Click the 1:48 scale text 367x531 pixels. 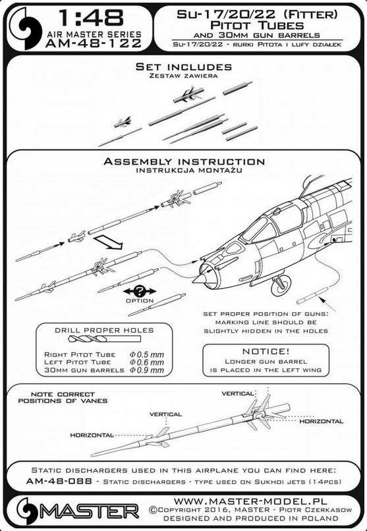tap(91, 18)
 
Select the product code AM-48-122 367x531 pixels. tap(94, 43)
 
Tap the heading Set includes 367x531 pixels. tap(183, 67)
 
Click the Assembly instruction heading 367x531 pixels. tap(184, 161)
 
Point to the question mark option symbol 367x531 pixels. tap(140, 291)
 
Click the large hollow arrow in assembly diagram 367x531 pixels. tap(107, 242)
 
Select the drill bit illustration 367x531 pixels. tap(104, 339)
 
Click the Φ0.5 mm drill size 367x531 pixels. tap(146, 354)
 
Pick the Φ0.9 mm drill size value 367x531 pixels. tap(146, 370)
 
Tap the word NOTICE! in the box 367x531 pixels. tap(266, 352)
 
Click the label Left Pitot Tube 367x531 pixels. tap(78, 362)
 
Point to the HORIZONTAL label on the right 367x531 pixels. tap(321, 421)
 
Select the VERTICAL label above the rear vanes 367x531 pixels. tap(238, 393)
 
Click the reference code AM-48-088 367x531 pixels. tap(59, 481)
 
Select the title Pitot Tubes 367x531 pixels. tap(257, 26)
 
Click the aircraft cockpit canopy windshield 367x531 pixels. tap(259, 229)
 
